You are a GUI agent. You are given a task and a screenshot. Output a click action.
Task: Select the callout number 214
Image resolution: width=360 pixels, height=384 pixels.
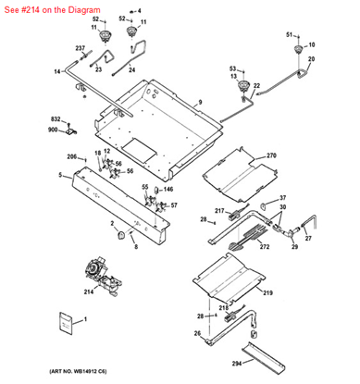tap(89, 291)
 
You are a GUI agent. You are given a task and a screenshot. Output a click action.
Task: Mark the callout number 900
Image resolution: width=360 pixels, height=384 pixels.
tap(55, 130)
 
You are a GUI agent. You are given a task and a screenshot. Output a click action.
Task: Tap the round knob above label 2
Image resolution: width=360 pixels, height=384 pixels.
tap(119, 236)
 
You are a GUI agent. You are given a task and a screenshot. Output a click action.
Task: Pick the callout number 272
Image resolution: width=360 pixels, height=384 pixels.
tap(264, 247)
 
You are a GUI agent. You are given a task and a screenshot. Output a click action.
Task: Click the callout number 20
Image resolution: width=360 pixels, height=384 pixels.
tap(311, 59)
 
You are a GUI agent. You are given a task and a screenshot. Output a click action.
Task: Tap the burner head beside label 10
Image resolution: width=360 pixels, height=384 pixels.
tap(298, 49)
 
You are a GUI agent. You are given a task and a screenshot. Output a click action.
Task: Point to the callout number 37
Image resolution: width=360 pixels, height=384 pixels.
tap(282, 198)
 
